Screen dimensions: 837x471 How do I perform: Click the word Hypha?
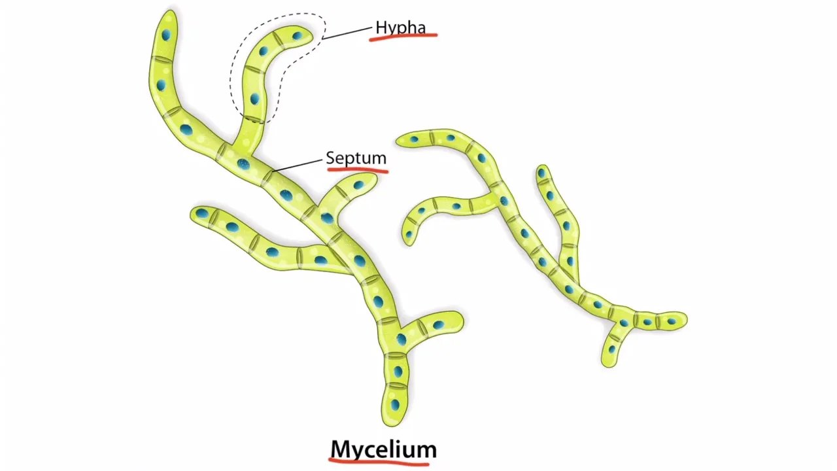(400, 27)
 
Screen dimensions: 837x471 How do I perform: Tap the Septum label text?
(356, 158)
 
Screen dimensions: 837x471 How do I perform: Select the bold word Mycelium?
(383, 449)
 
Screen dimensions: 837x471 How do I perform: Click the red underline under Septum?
(357, 170)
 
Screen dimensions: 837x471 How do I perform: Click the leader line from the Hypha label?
(348, 33)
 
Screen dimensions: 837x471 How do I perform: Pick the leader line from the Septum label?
(298, 164)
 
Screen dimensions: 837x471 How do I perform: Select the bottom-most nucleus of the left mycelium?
(395, 405)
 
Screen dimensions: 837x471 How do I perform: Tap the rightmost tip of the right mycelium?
(685, 320)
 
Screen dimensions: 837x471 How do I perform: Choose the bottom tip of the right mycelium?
(608, 364)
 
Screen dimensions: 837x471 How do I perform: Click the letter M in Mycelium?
(342, 449)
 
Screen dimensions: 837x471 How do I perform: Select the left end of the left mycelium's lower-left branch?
(194, 214)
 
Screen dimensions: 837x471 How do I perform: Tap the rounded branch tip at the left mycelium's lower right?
(459, 321)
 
